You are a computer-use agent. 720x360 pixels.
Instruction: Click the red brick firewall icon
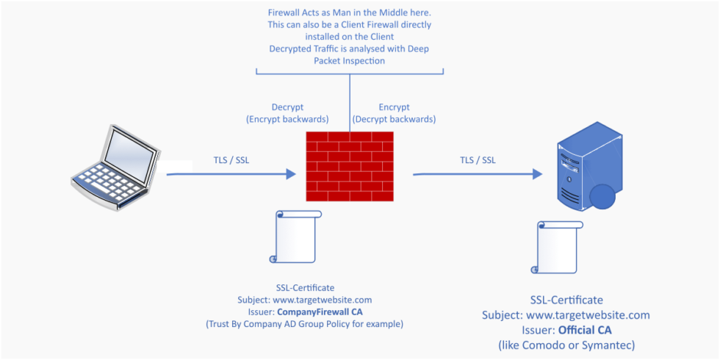(350, 166)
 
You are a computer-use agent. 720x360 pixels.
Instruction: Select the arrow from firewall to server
(477, 175)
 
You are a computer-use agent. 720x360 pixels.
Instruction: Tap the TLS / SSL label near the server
(478, 159)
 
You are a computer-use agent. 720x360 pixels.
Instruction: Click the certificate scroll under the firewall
(296, 237)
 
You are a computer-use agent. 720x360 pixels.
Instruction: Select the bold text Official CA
(585, 330)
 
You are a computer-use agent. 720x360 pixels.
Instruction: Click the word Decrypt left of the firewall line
(287, 107)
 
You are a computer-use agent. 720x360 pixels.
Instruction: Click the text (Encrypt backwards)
(287, 119)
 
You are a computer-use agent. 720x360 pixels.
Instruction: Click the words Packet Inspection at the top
(349, 61)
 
